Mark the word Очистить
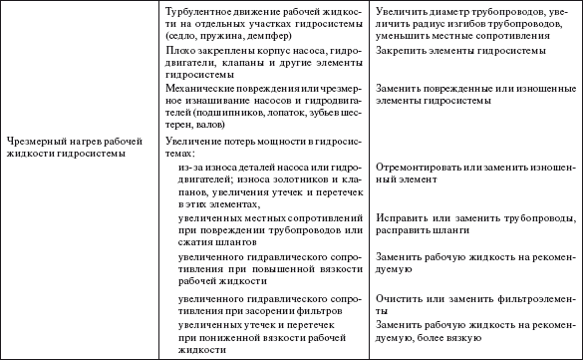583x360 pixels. coord(397,298)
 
